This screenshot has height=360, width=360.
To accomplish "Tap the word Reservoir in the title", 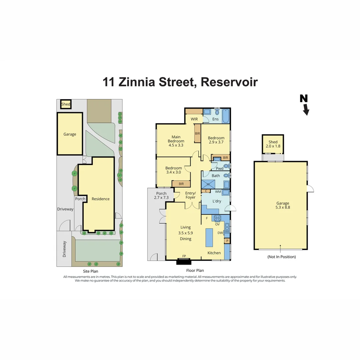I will [229, 82].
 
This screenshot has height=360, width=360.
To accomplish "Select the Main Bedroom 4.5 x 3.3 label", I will [176, 141].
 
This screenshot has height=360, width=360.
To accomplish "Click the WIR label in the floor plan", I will [194, 119].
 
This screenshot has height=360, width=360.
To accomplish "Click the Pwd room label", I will [219, 168].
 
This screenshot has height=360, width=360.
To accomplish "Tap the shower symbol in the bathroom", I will [208, 184].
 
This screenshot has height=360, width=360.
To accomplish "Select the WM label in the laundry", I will [218, 192].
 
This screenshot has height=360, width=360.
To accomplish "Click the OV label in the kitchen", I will [217, 224].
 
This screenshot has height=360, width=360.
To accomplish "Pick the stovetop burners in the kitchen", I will [217, 218].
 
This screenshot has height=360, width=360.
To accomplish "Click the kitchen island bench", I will [209, 236].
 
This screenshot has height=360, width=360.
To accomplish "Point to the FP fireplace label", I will [184, 256].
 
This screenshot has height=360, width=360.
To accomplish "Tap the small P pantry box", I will [227, 241].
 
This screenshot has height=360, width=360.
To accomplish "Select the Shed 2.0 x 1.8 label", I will [273, 144].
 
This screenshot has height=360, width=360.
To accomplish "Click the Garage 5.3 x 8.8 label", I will [283, 205].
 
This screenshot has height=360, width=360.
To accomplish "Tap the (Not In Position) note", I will [282, 257].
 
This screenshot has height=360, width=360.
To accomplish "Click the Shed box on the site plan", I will [66, 104].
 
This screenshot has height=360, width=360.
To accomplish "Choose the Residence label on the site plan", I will [101, 199].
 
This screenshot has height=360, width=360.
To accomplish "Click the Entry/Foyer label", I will [190, 195].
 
